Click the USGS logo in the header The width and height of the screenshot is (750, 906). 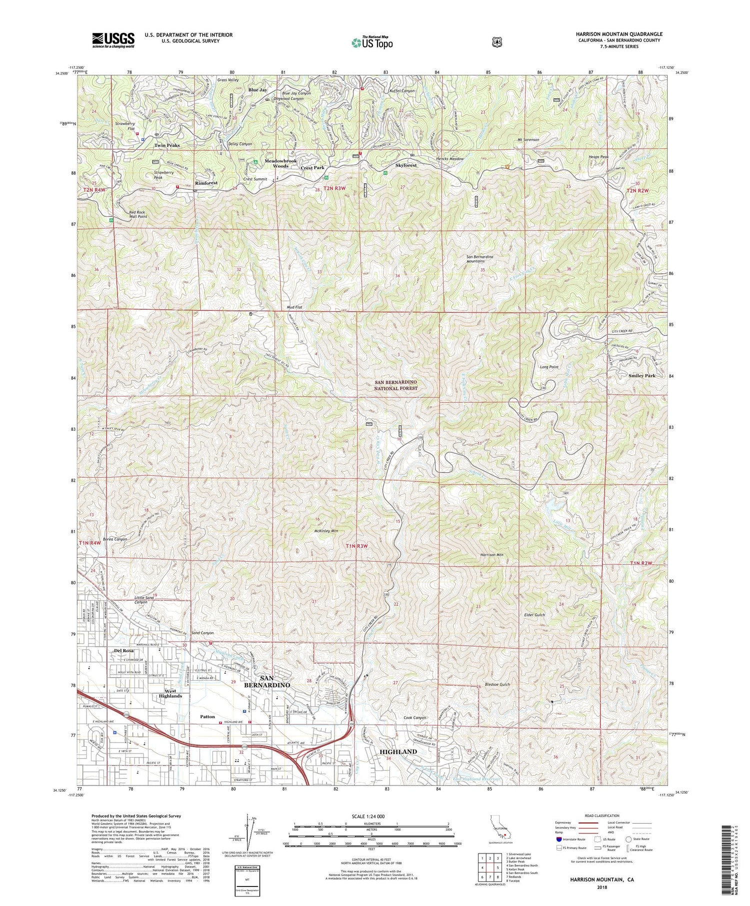[113, 40]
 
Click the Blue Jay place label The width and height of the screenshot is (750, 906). [257, 90]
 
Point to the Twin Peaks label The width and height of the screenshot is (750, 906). [166, 145]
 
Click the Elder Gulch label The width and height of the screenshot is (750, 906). [534, 615]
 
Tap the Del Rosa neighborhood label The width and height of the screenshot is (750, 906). [123, 651]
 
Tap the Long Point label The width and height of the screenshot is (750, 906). [549, 367]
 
